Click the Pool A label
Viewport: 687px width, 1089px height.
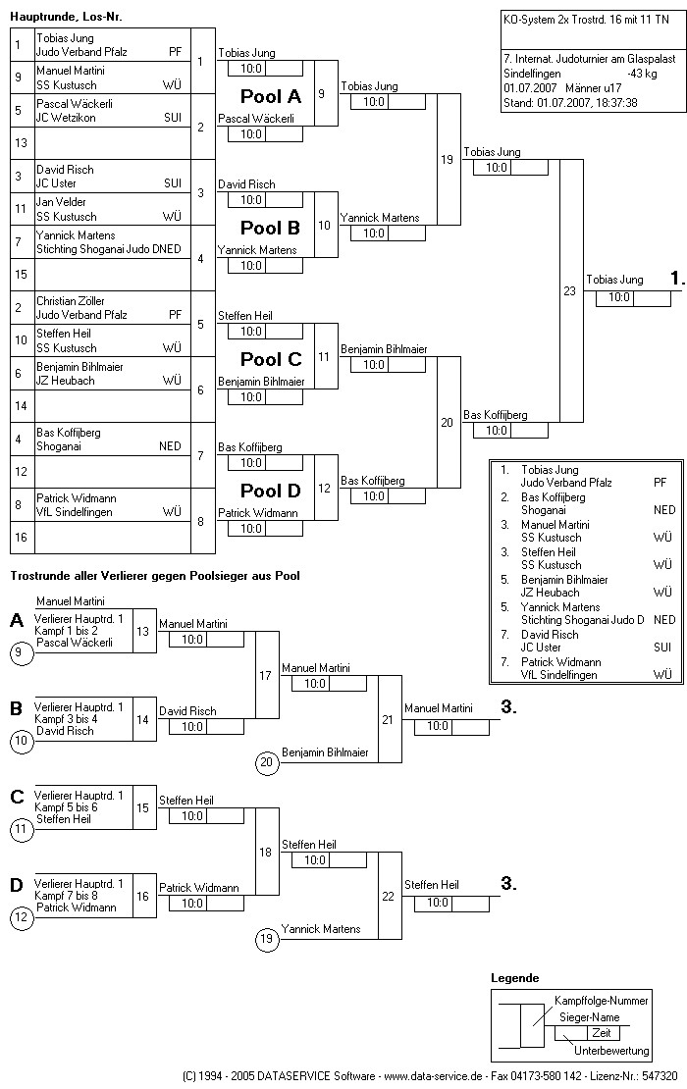click(271, 97)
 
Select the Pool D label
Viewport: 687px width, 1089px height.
click(271, 491)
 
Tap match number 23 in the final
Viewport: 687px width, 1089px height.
click(570, 290)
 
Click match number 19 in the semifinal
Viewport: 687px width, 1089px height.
click(448, 160)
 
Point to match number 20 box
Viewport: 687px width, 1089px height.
click(448, 422)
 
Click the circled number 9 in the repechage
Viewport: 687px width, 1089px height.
click(21, 652)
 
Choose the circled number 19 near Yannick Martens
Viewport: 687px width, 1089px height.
click(266, 939)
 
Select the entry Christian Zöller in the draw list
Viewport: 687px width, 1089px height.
click(71, 301)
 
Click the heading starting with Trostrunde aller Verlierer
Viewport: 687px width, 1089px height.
click(154, 576)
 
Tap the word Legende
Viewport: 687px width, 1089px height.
click(514, 978)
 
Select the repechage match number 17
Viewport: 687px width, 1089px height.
click(266, 675)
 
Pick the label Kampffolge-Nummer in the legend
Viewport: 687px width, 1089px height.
click(601, 1001)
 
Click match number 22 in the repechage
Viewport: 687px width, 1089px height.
click(389, 896)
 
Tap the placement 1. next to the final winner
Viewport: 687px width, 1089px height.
click(677, 280)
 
